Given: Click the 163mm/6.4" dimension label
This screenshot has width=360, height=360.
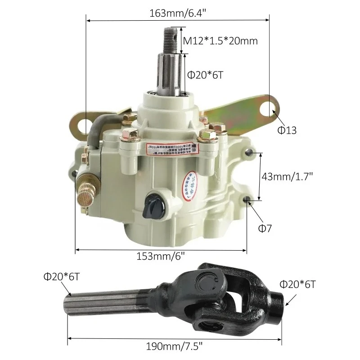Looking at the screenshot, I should click(x=178, y=13).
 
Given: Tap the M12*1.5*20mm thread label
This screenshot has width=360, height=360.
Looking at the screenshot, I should click(x=220, y=41).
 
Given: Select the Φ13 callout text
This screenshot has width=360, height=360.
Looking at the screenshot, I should click(x=287, y=130).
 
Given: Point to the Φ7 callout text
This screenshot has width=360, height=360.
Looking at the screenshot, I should click(x=265, y=228).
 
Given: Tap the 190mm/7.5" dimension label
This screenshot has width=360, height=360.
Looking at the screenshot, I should click(x=175, y=346).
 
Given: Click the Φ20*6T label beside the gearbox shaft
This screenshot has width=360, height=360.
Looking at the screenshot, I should click(x=205, y=76).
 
